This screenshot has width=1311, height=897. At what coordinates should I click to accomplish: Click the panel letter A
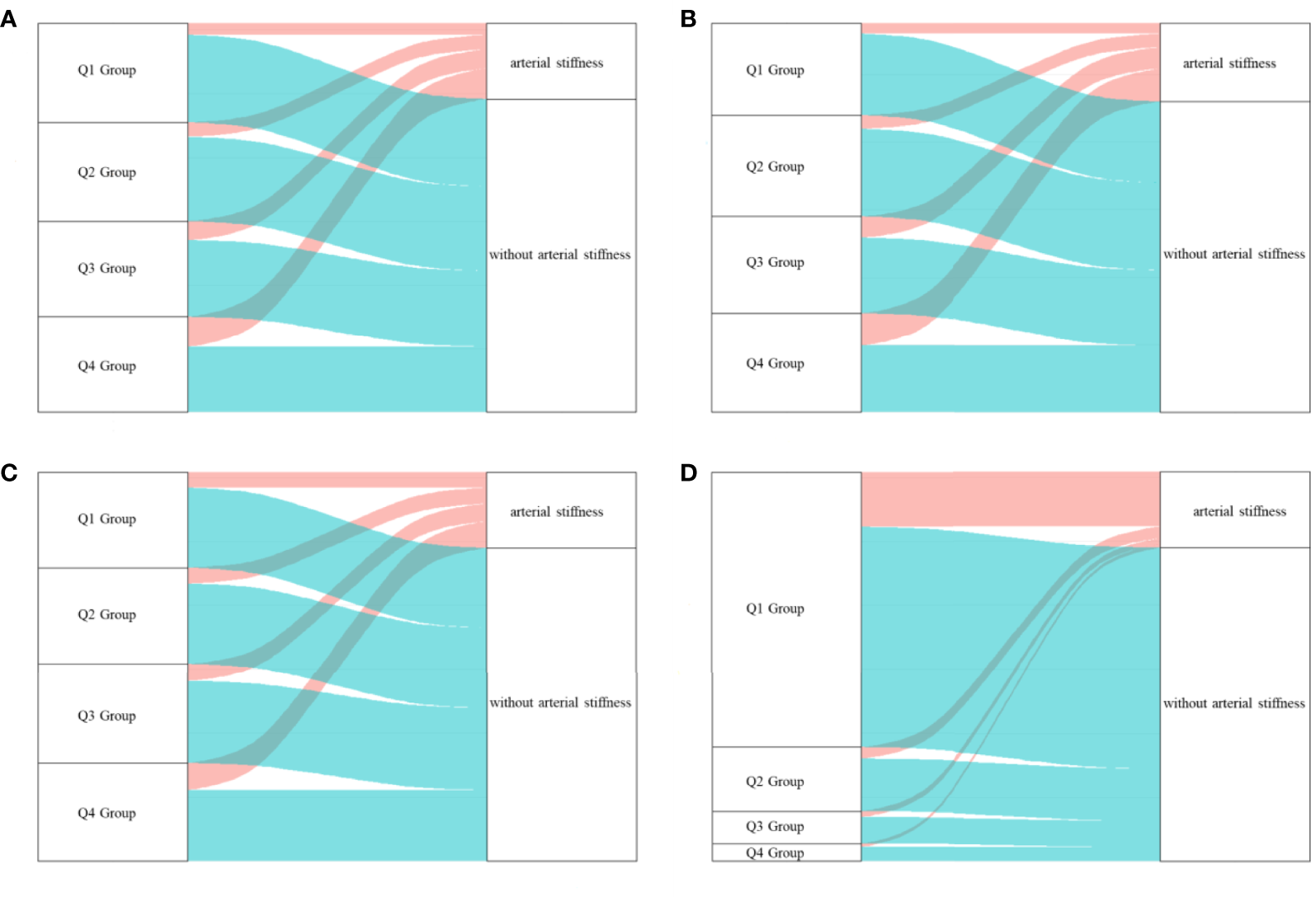pyautogui.click(x=8, y=19)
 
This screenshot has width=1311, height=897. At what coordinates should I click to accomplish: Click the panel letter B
pyautogui.click(x=688, y=19)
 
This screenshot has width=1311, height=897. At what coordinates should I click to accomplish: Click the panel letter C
pyautogui.click(x=8, y=472)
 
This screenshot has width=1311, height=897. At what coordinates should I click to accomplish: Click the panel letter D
pyautogui.click(x=688, y=472)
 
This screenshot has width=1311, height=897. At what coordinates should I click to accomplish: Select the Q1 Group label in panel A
pyautogui.click(x=106, y=70)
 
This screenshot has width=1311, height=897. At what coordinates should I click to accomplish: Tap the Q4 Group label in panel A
pyautogui.click(x=106, y=366)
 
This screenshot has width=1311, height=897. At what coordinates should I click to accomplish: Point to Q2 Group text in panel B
pyautogui.click(x=775, y=167)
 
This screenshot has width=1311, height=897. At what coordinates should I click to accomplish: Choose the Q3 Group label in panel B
pyautogui.click(x=775, y=262)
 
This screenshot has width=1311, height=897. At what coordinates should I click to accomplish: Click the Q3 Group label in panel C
pyautogui.click(x=106, y=716)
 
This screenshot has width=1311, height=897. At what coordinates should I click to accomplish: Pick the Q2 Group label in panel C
pyautogui.click(x=106, y=614)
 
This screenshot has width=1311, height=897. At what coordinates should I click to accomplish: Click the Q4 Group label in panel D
pyautogui.click(x=775, y=853)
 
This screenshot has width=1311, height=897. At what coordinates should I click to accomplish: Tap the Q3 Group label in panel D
pyautogui.click(x=775, y=826)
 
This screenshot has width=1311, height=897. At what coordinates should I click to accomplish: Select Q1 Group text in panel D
pyautogui.click(x=775, y=608)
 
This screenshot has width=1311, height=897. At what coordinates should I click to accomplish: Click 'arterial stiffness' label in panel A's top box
pyautogui.click(x=556, y=63)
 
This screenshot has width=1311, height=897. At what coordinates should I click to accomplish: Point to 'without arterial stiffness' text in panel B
pyautogui.click(x=1233, y=254)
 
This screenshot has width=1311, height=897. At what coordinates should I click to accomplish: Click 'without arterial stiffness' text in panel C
pyautogui.click(x=560, y=702)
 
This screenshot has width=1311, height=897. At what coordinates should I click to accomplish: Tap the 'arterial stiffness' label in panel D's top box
pyautogui.click(x=1239, y=511)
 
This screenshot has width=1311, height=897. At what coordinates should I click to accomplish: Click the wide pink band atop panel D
pyautogui.click(x=1007, y=499)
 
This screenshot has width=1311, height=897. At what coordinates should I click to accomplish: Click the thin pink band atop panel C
pyautogui.click(x=330, y=480)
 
